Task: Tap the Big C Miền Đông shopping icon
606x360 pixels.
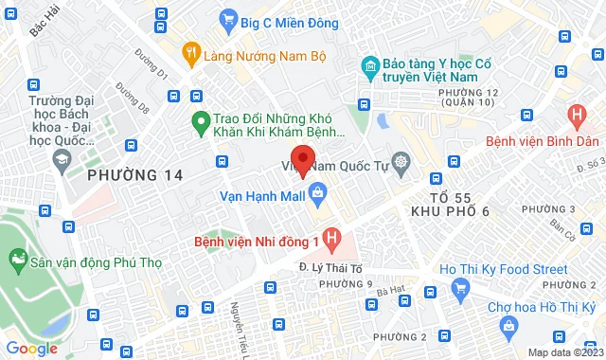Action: click(x=228, y=18)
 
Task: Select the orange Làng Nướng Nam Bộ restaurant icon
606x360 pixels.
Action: click(x=191, y=54)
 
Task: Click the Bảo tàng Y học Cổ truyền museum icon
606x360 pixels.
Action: click(x=369, y=65)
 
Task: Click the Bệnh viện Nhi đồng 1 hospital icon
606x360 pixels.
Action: click(x=330, y=237)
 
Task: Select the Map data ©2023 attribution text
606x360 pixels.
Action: click(x=562, y=352)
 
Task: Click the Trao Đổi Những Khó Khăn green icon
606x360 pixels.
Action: click(x=200, y=120)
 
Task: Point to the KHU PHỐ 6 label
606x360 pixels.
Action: click(x=453, y=213)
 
